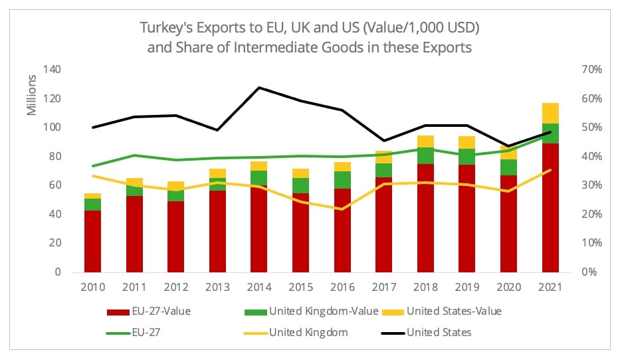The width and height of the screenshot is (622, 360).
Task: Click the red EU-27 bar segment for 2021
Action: (x=550, y=213)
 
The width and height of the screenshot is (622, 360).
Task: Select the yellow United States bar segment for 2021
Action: (x=550, y=114)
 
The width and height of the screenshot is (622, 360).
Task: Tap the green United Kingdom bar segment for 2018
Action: (x=425, y=155)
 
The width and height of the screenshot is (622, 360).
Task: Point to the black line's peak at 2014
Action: (x=259, y=88)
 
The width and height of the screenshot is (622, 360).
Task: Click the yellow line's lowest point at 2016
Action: (x=342, y=209)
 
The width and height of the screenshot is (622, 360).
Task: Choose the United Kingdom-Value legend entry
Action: (x=318, y=312)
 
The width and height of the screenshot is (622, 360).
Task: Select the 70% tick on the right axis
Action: (x=592, y=70)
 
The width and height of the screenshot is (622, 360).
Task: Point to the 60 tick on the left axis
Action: (x=56, y=185)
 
